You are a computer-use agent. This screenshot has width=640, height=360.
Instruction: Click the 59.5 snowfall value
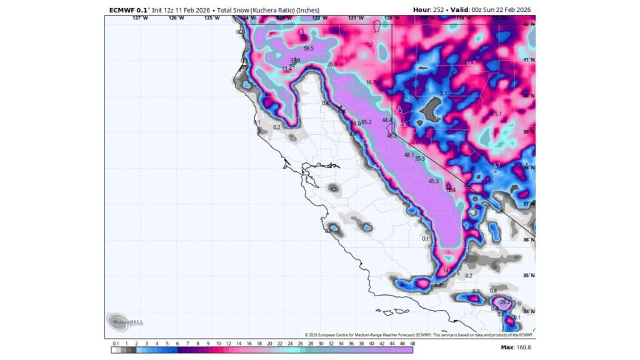pyautogui.click(x=309, y=49)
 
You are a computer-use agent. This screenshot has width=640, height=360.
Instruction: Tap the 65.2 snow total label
pyautogui.click(x=366, y=122)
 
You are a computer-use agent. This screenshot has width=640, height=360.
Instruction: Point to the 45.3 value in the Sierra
pyautogui.click(x=434, y=181)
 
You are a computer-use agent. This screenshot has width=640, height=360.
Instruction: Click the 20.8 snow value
pyautogui.click(x=331, y=64)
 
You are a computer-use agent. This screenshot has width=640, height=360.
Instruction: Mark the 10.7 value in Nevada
pyautogui.click(x=471, y=64)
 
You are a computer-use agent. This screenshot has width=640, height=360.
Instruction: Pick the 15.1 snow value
pyautogui.click(x=497, y=114)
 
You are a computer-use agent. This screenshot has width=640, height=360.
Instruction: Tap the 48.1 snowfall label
pyautogui.click(x=409, y=154)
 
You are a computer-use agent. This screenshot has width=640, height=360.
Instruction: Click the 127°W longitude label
pyautogui.click(x=141, y=18)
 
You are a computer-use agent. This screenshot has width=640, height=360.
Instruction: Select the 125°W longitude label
pyautogui.click(x=212, y=18)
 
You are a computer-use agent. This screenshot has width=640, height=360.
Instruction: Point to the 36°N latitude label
pyautogui.click(x=529, y=240)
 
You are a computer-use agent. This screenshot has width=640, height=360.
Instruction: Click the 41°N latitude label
pyautogui.click(x=529, y=60)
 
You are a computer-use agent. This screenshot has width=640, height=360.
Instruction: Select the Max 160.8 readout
pyautogui.click(x=516, y=347)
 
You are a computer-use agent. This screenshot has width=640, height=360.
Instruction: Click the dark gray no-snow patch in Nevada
pyautogui.click(x=429, y=110)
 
